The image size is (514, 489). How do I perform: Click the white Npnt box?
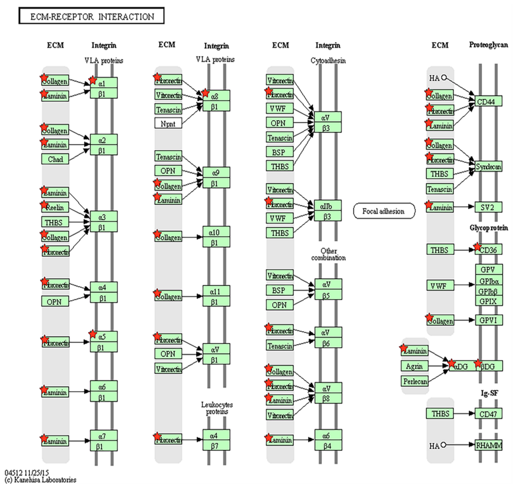click(x=168, y=123)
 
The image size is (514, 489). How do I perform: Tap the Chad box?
click(x=55, y=159)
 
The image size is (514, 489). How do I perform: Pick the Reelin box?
click(x=55, y=207)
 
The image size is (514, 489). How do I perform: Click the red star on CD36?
click(x=477, y=247)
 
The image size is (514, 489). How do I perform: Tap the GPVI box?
click(x=489, y=320)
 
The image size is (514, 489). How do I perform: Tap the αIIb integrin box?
click(x=327, y=206)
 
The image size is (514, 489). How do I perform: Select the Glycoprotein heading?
click(x=489, y=228)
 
